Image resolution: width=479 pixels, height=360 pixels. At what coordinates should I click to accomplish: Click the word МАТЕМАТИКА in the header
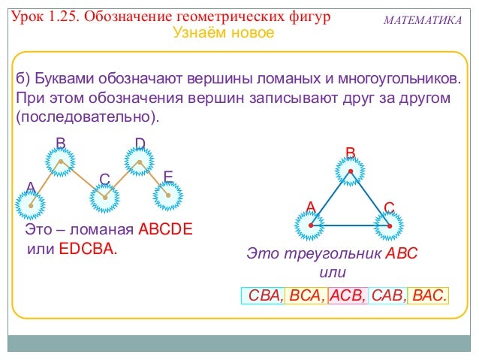coord(423,19)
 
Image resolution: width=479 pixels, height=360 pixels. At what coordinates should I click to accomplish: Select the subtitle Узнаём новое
coord(224,34)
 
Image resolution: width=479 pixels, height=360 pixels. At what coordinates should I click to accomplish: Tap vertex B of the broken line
coord(61,162)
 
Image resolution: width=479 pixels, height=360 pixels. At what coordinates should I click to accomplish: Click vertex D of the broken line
coord(140,162)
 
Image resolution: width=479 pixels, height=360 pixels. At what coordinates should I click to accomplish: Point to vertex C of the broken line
coord(104,198)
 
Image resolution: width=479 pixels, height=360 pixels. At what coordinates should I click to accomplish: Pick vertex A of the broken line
coord(31,204)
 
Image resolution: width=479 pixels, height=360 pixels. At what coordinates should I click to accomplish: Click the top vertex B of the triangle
coord(350,172)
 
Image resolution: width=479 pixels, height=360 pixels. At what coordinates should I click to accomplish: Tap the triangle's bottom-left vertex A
coord(309,224)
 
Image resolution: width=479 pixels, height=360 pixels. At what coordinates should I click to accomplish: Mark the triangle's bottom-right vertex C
coord(389,224)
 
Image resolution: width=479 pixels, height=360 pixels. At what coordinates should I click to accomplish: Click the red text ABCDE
coord(165,230)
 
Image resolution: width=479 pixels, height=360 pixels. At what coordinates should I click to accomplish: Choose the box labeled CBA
coord(263,296)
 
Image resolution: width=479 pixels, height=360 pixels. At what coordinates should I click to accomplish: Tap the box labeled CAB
coord(387,296)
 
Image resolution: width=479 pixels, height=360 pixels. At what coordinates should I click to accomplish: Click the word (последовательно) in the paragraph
coord(88,117)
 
